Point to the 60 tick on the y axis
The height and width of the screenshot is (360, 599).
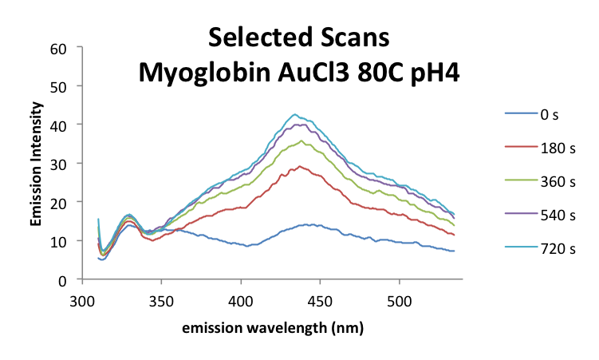[67, 47]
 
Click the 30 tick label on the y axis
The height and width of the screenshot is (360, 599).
[67, 163]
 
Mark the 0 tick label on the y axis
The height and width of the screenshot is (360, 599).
[70, 279]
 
